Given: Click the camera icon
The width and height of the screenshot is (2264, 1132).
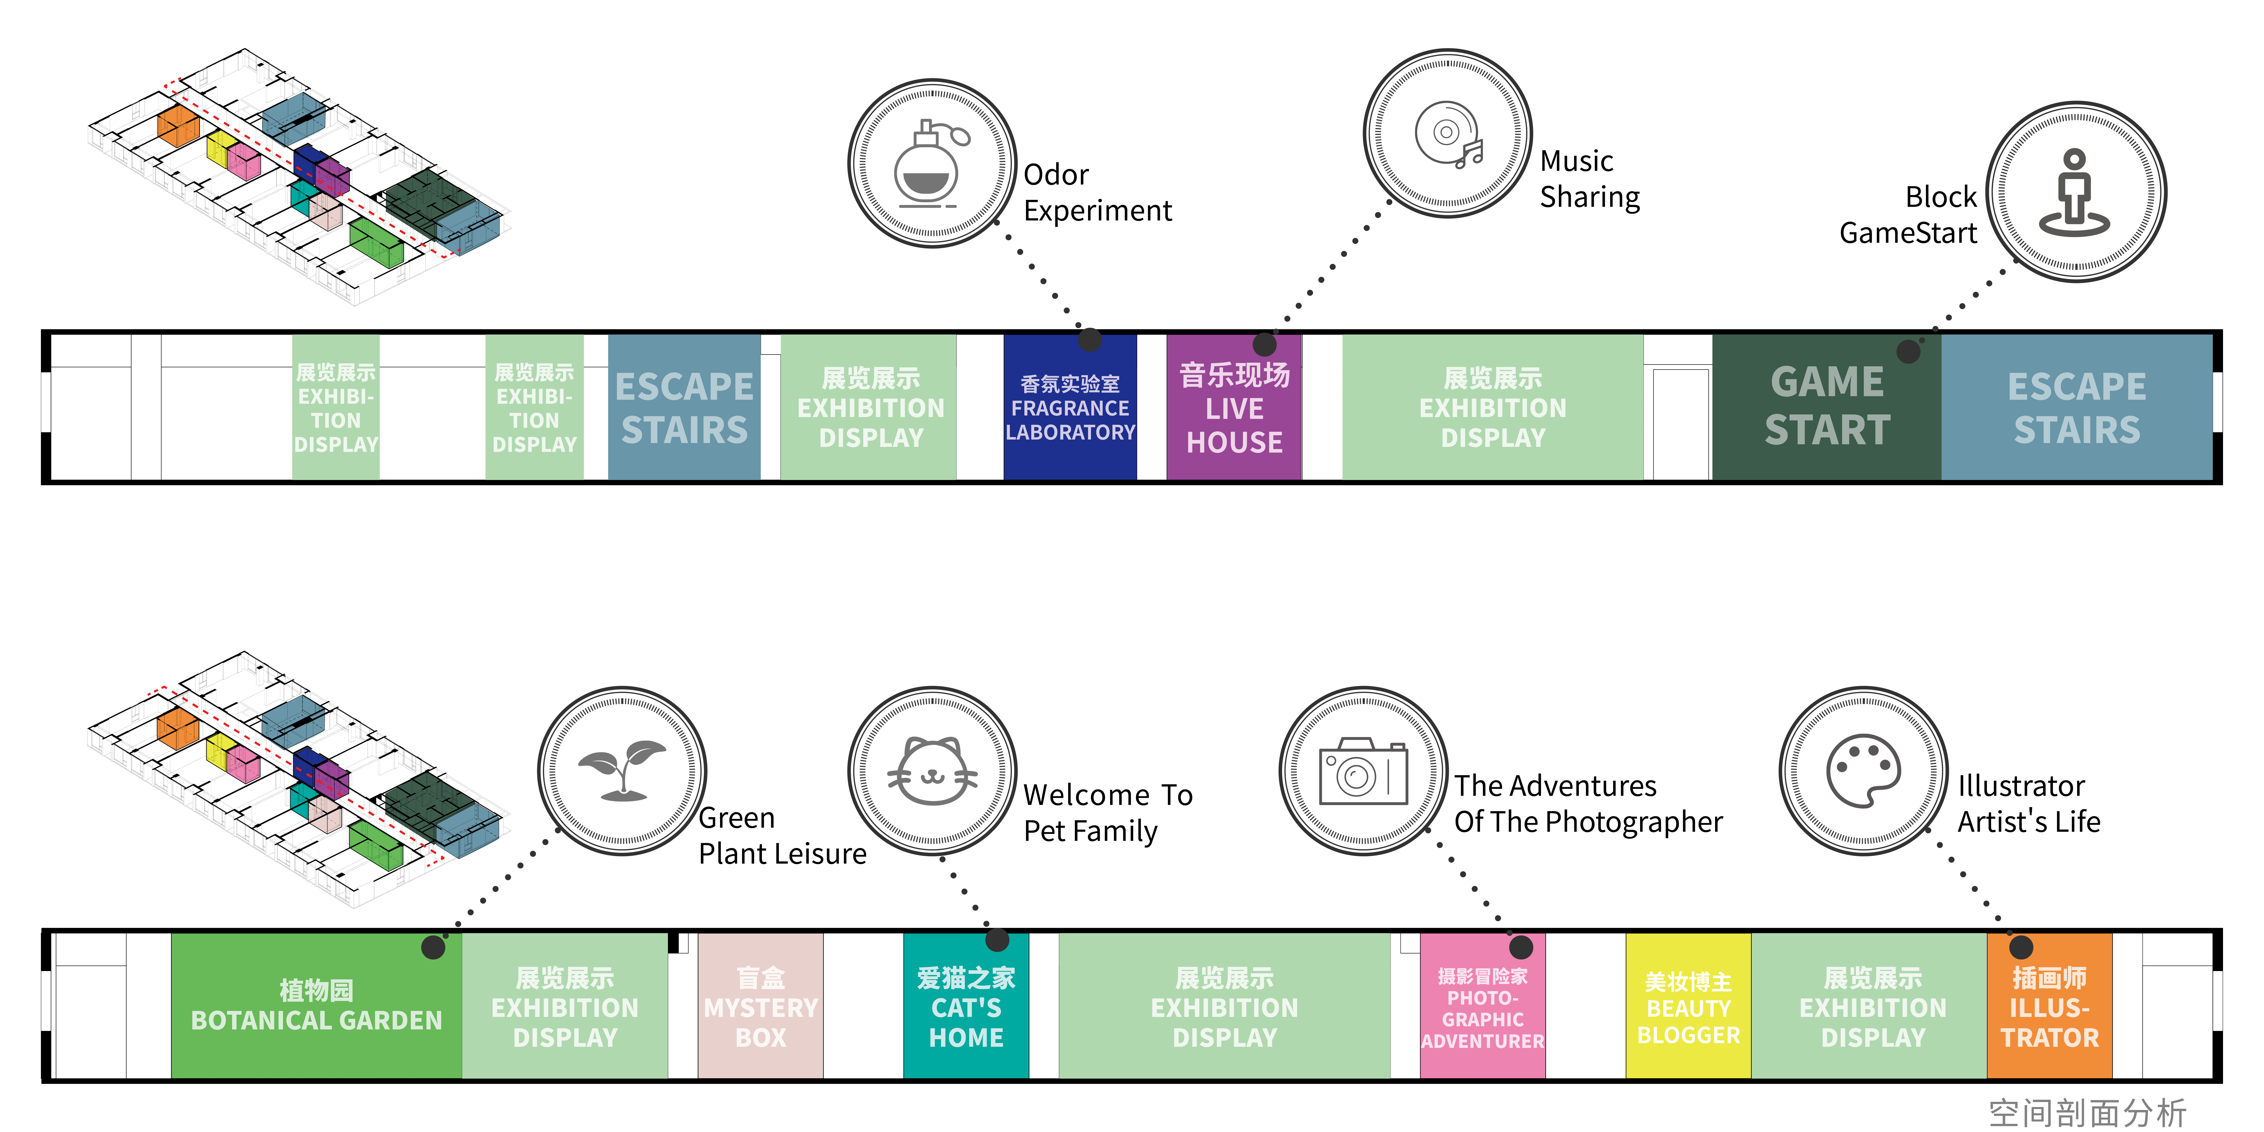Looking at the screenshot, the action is coord(1363,771).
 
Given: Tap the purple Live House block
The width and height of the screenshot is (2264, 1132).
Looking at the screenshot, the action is coord(1234,407).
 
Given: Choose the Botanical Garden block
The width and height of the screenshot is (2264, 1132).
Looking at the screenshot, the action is coord(317,1005).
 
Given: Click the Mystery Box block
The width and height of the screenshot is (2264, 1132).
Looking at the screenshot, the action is coord(760,1005).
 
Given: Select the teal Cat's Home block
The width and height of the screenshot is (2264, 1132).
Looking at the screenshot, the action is coord(966,1005).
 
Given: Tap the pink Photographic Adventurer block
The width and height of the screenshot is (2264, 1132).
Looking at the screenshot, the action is coord(1483,1005).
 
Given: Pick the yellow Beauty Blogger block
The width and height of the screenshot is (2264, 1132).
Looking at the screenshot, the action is coord(1688,1005).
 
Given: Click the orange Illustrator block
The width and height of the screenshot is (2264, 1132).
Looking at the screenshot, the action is coord(2050,1005).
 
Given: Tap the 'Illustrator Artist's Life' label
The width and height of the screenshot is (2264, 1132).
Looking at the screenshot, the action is coord(2028,803).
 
